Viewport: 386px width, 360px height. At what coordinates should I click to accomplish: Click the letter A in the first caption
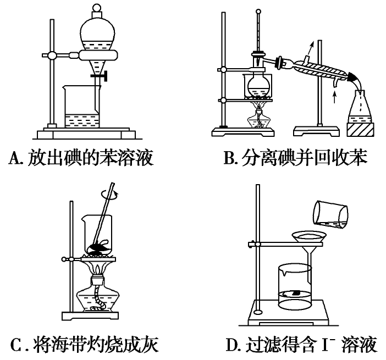pyautogui.click(x=15, y=159)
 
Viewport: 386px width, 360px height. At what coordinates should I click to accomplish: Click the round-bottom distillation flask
pyautogui.click(x=258, y=85)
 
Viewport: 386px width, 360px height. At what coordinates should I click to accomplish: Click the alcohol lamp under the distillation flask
pyautogui.click(x=258, y=119)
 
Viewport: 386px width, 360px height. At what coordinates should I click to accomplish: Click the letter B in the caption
pyautogui.click(x=229, y=159)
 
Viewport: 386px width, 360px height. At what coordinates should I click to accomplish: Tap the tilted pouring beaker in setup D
pyautogui.click(x=330, y=214)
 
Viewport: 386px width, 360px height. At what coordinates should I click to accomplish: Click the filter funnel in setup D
pyautogui.click(x=307, y=242)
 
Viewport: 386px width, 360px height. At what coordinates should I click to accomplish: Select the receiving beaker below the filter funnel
pyautogui.click(x=295, y=289)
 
